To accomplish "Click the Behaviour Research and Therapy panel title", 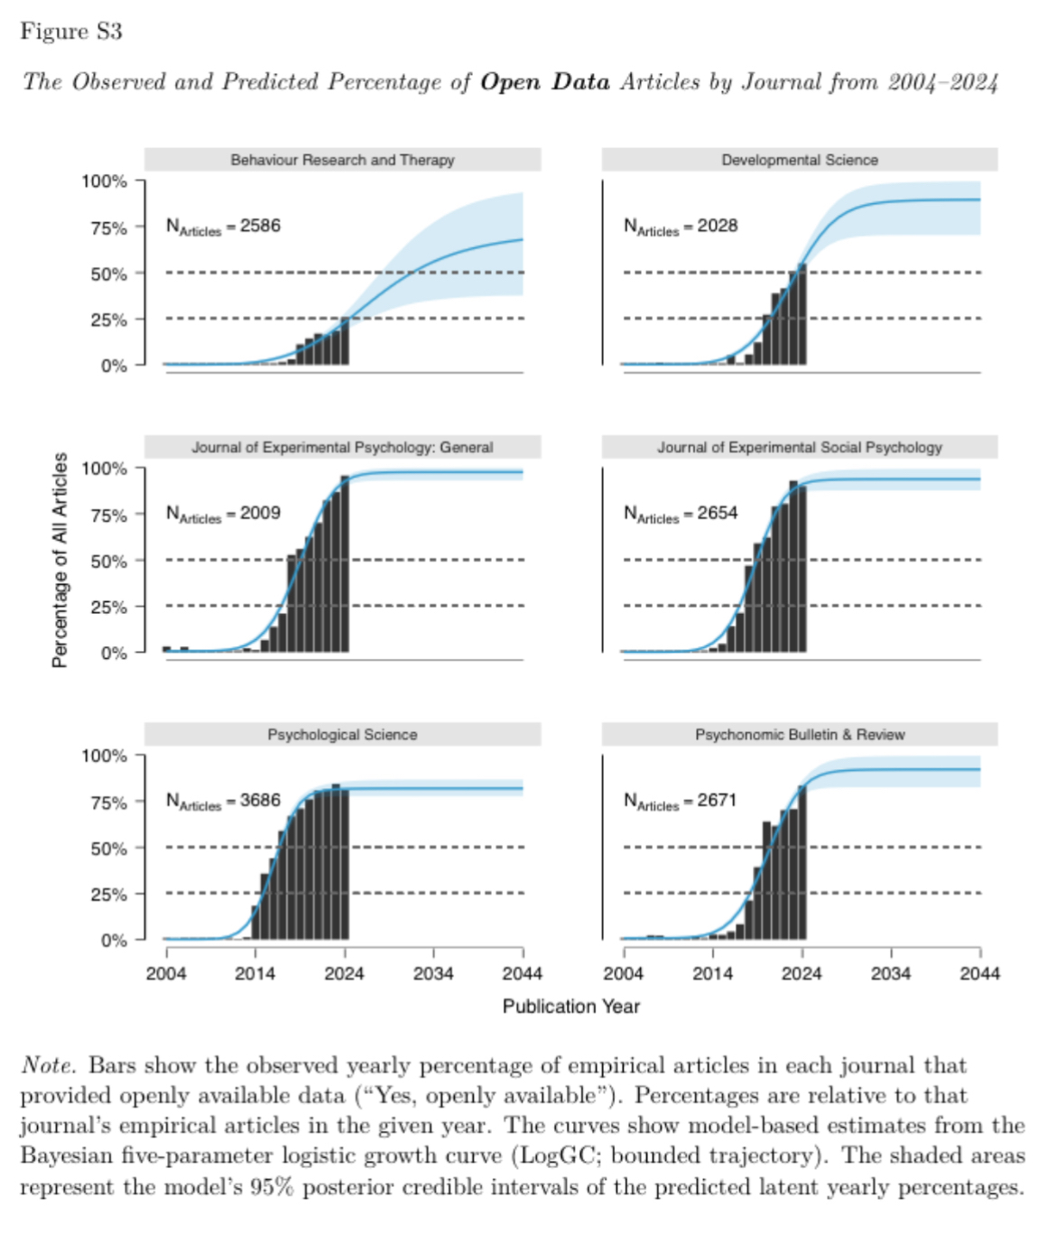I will (342, 160).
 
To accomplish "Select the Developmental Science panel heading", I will (800, 160).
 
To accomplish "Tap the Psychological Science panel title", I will (342, 735).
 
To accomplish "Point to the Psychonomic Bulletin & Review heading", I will (800, 735).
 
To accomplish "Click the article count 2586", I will (260, 226).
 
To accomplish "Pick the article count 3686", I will (260, 801).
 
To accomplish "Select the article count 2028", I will (718, 226).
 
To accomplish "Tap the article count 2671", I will (718, 801).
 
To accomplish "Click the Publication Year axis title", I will (570, 1007).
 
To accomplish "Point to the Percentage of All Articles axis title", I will (60, 560).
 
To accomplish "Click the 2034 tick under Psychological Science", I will (433, 973).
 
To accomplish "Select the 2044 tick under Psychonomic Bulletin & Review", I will (980, 973).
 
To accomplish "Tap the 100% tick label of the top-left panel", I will (105, 181).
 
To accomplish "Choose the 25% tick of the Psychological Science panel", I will (109, 895).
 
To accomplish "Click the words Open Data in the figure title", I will (545, 82).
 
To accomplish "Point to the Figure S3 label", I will (71, 32).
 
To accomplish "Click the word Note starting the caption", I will (48, 1065).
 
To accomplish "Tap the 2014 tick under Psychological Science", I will (255, 973).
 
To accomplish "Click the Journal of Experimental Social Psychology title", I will (800, 448).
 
